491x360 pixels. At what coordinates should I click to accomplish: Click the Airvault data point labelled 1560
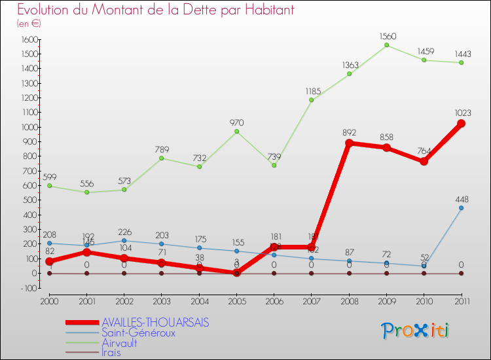coord(386,45)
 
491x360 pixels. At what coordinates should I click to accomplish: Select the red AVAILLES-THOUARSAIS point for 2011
coord(461,124)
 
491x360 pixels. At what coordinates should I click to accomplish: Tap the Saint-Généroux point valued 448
coord(461,208)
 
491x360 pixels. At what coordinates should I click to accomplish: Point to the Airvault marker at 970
coord(236,132)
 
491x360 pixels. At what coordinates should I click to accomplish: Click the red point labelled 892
coord(349,143)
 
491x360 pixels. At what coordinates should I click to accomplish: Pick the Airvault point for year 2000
coord(49,186)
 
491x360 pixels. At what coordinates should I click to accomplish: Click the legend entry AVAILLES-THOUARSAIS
coord(156,323)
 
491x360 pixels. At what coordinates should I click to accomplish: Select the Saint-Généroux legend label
coord(138,333)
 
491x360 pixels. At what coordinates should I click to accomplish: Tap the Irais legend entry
coord(111,351)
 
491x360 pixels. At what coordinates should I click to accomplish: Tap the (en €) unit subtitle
coord(29,24)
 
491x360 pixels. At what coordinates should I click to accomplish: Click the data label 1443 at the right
coord(461,54)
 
